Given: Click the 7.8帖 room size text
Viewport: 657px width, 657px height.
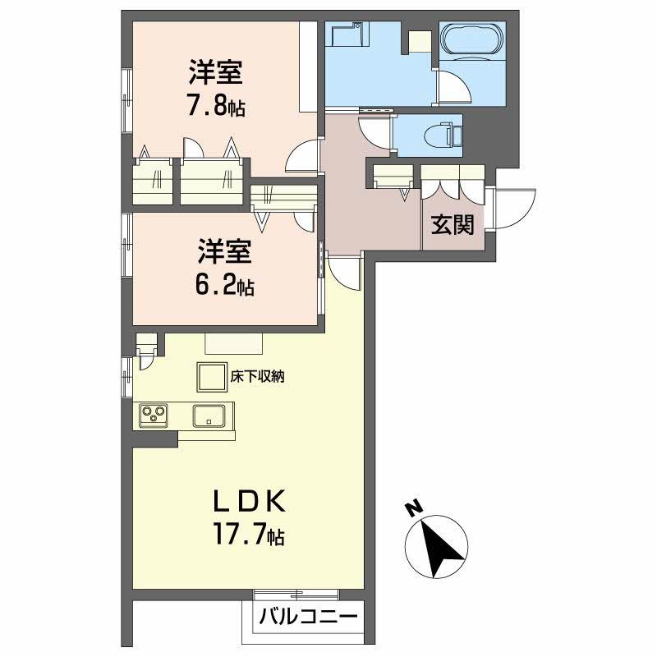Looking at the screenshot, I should tap(216, 107).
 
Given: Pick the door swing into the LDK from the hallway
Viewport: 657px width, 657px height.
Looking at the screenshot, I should tap(345, 269).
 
